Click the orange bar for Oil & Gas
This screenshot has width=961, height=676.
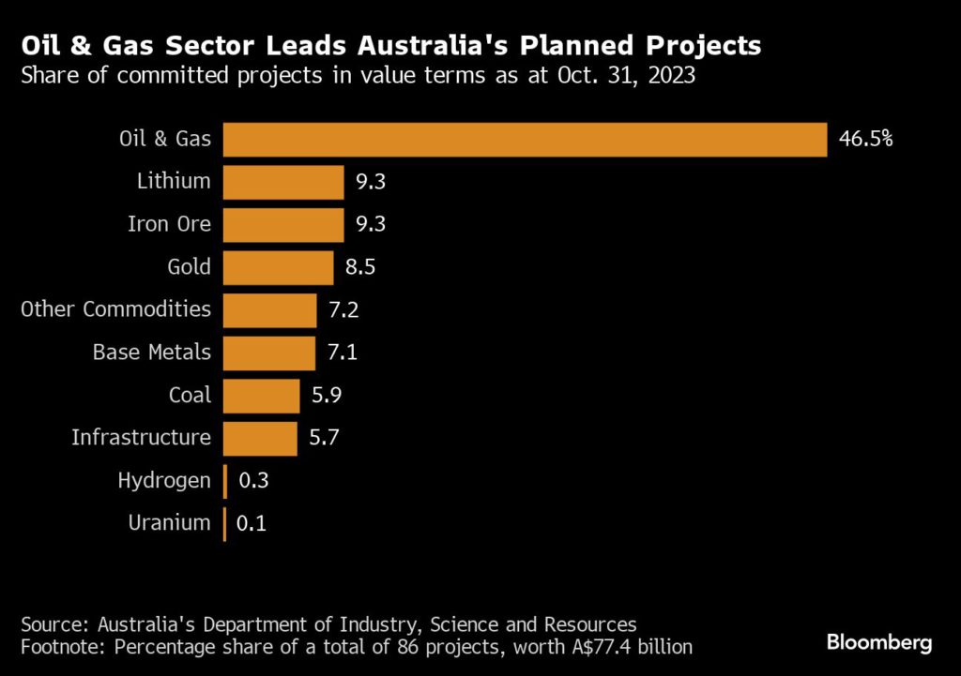(526, 140)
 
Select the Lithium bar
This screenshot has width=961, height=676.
(284, 182)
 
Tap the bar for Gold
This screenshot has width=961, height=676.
(279, 267)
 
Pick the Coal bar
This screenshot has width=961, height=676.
(262, 396)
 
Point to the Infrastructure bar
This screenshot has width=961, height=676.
(261, 438)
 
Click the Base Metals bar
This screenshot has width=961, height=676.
(270, 353)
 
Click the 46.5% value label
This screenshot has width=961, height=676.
(865, 140)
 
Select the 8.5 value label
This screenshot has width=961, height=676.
(360, 268)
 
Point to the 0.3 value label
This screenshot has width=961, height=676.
(253, 481)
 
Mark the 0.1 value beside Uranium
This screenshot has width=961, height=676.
(252, 524)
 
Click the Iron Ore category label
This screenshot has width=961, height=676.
(169, 224)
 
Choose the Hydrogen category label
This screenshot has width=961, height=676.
(164, 481)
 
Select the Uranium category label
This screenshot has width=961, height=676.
(169, 523)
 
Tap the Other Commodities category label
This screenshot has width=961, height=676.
(115, 309)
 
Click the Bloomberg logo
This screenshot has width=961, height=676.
(878, 642)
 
